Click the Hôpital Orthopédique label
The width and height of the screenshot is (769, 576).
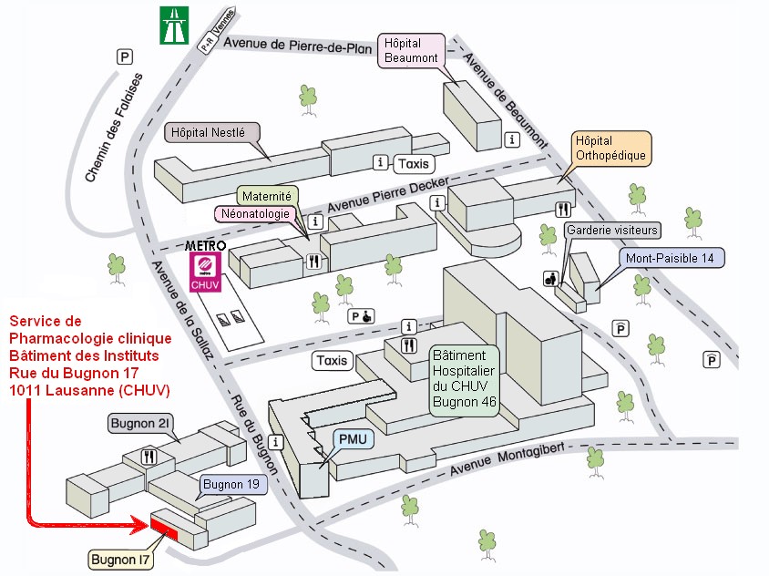tap(610, 148)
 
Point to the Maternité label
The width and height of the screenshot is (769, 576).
tap(266, 196)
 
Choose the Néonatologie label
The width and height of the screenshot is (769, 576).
tap(255, 214)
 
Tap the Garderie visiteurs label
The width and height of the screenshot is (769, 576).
tap(612, 231)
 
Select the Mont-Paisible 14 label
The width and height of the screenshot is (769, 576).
tap(670, 258)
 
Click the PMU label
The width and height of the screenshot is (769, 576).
tap(352, 439)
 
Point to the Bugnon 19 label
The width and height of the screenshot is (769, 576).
tap(232, 483)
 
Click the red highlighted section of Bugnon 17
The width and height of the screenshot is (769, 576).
tap(165, 526)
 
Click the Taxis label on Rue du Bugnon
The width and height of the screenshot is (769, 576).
tap(333, 360)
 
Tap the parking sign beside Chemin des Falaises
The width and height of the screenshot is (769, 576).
tap(124, 57)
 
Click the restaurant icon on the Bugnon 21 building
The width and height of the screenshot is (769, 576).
tap(149, 456)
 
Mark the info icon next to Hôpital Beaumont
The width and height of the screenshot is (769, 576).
tap(512, 139)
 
